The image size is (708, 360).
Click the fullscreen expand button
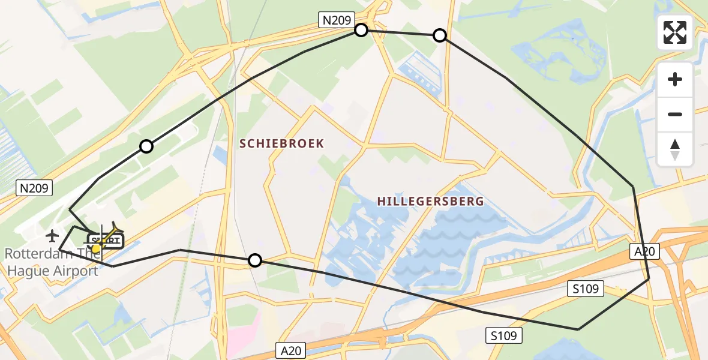pyautogui.click(x=675, y=32)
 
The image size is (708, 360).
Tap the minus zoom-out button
pyautogui.click(x=675, y=115)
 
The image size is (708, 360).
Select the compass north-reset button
pyautogui.click(x=675, y=149)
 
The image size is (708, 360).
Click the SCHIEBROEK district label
pyautogui.click(x=281, y=143)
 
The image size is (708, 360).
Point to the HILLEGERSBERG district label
pyautogui.click(x=430, y=202)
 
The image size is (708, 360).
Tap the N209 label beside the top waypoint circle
pyautogui.click(x=337, y=20)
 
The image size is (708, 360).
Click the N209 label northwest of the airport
pyautogui.click(x=34, y=188)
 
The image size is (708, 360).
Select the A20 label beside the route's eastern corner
pyautogui.click(x=644, y=251)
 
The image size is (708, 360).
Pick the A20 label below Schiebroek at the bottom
pyautogui.click(x=292, y=350)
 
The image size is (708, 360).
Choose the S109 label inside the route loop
pyautogui.click(x=585, y=289)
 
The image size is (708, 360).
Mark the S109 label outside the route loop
pyautogui.click(x=503, y=335)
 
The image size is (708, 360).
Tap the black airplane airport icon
pyautogui.click(x=53, y=235)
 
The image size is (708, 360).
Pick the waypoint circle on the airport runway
pyautogui.click(x=146, y=146)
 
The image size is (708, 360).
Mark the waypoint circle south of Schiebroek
pyautogui.click(x=255, y=260)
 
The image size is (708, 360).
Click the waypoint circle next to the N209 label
pyautogui.click(x=361, y=30)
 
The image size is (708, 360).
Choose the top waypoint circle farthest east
pyautogui.click(x=440, y=35)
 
